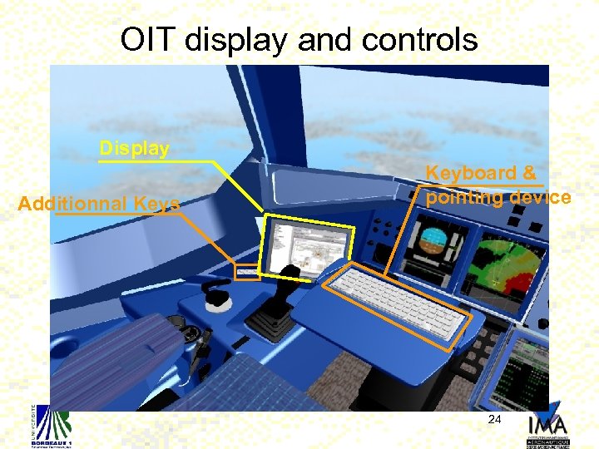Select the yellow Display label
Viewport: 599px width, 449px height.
(x=134, y=149)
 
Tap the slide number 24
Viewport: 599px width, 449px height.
(x=494, y=420)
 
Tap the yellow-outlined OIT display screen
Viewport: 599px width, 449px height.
(x=305, y=245)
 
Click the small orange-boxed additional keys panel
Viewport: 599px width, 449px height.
(x=247, y=271)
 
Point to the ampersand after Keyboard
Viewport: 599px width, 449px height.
(x=528, y=173)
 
